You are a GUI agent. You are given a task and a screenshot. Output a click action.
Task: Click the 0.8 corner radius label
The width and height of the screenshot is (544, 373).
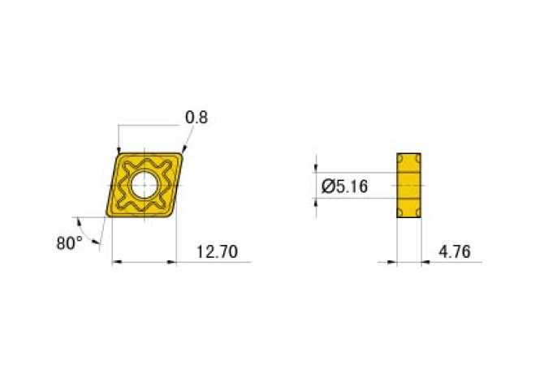pyautogui.click(x=196, y=118)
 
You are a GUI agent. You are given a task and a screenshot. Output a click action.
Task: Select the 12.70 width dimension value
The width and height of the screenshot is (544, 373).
pyautogui.click(x=217, y=252)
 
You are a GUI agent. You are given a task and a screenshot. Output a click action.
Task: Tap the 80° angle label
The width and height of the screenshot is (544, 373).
pyautogui.click(x=71, y=242)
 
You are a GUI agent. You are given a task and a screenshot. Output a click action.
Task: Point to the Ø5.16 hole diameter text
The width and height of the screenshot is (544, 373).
pyautogui.click(x=345, y=186)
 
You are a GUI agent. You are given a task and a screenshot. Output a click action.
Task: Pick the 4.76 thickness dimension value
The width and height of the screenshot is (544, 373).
pyautogui.click(x=455, y=252)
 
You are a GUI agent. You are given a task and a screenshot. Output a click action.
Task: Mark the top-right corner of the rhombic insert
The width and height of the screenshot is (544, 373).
pyautogui.click(x=183, y=154)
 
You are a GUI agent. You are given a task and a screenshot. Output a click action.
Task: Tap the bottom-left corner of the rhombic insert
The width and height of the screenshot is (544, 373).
pyautogui.click(x=108, y=217)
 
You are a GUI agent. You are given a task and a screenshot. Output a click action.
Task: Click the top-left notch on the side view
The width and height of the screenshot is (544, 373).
pyautogui.click(x=400, y=156)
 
